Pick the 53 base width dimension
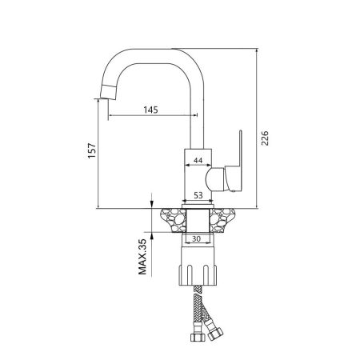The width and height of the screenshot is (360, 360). [197, 193]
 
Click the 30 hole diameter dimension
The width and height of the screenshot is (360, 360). [197, 238]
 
